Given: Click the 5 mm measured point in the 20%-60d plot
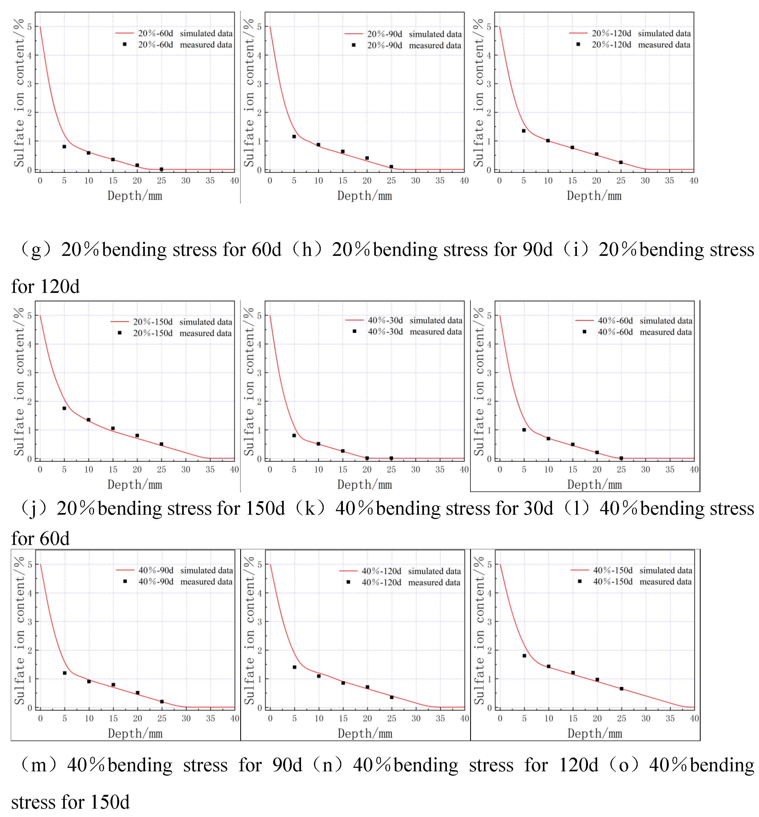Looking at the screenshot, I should (64, 147).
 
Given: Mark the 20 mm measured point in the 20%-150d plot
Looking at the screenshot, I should (137, 436).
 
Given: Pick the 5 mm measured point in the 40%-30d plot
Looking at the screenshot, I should (294, 436).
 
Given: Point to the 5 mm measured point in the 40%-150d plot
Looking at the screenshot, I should (524, 655).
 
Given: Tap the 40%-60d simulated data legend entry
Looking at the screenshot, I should (634, 320).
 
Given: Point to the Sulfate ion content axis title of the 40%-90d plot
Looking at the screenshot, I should (19, 631).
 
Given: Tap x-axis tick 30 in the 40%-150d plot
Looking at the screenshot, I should (645, 718).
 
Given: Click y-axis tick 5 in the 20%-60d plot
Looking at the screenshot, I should (29, 27).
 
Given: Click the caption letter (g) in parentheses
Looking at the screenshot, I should (36, 250).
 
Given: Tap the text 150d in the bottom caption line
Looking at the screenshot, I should (110, 802).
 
